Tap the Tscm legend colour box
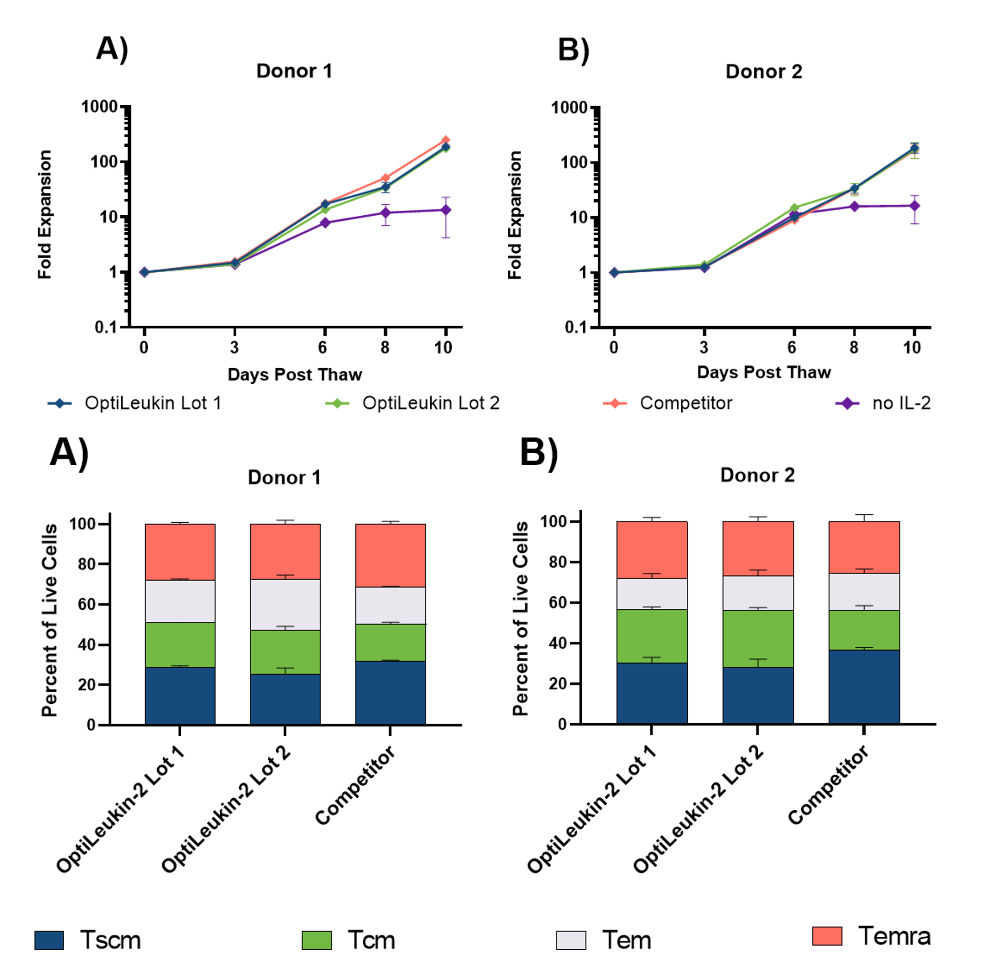[49, 940]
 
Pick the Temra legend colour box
[827, 936]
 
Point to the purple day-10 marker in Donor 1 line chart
[445, 210]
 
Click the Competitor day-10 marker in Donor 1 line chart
[445, 140]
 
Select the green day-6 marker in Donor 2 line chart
[794, 208]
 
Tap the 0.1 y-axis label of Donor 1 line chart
[106, 327]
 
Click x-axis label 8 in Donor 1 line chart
[385, 348]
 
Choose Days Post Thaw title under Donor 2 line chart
[763, 372]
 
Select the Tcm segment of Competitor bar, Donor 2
[864, 630]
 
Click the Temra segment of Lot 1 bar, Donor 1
[180, 552]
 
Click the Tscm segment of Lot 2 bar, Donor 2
[758, 695]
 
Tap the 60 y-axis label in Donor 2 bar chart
[558, 603]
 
